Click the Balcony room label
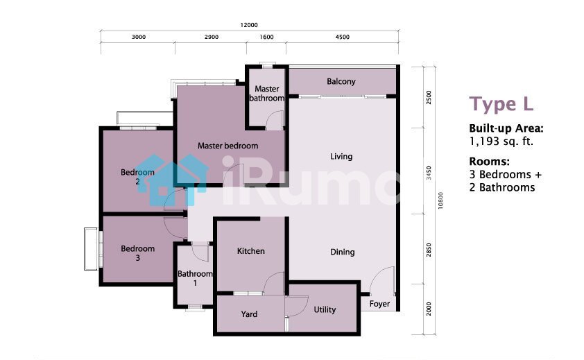(x=341, y=82)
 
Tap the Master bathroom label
(x=266, y=94)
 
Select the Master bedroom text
(x=227, y=146)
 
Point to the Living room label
(x=341, y=157)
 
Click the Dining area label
(x=342, y=252)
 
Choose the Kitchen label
(x=250, y=251)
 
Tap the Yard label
(x=249, y=314)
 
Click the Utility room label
(x=325, y=309)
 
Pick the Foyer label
(x=379, y=304)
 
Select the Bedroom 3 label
(x=138, y=252)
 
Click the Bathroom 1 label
(x=195, y=278)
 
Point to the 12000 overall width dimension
(x=249, y=25)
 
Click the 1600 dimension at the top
(x=266, y=37)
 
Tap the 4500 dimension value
(x=342, y=37)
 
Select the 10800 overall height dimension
(x=440, y=200)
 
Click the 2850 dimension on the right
(x=429, y=250)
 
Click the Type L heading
(x=501, y=104)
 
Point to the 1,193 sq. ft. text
(x=501, y=142)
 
